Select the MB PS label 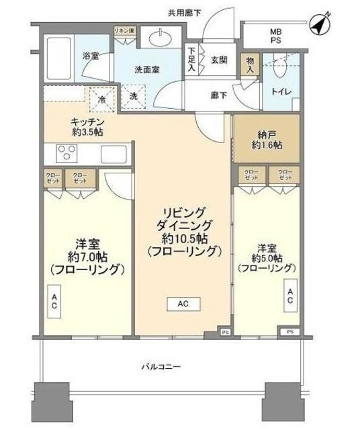[277, 36]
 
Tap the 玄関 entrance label [218, 60]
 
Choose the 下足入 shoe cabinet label [191, 59]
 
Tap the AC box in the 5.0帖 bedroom [290, 296]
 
